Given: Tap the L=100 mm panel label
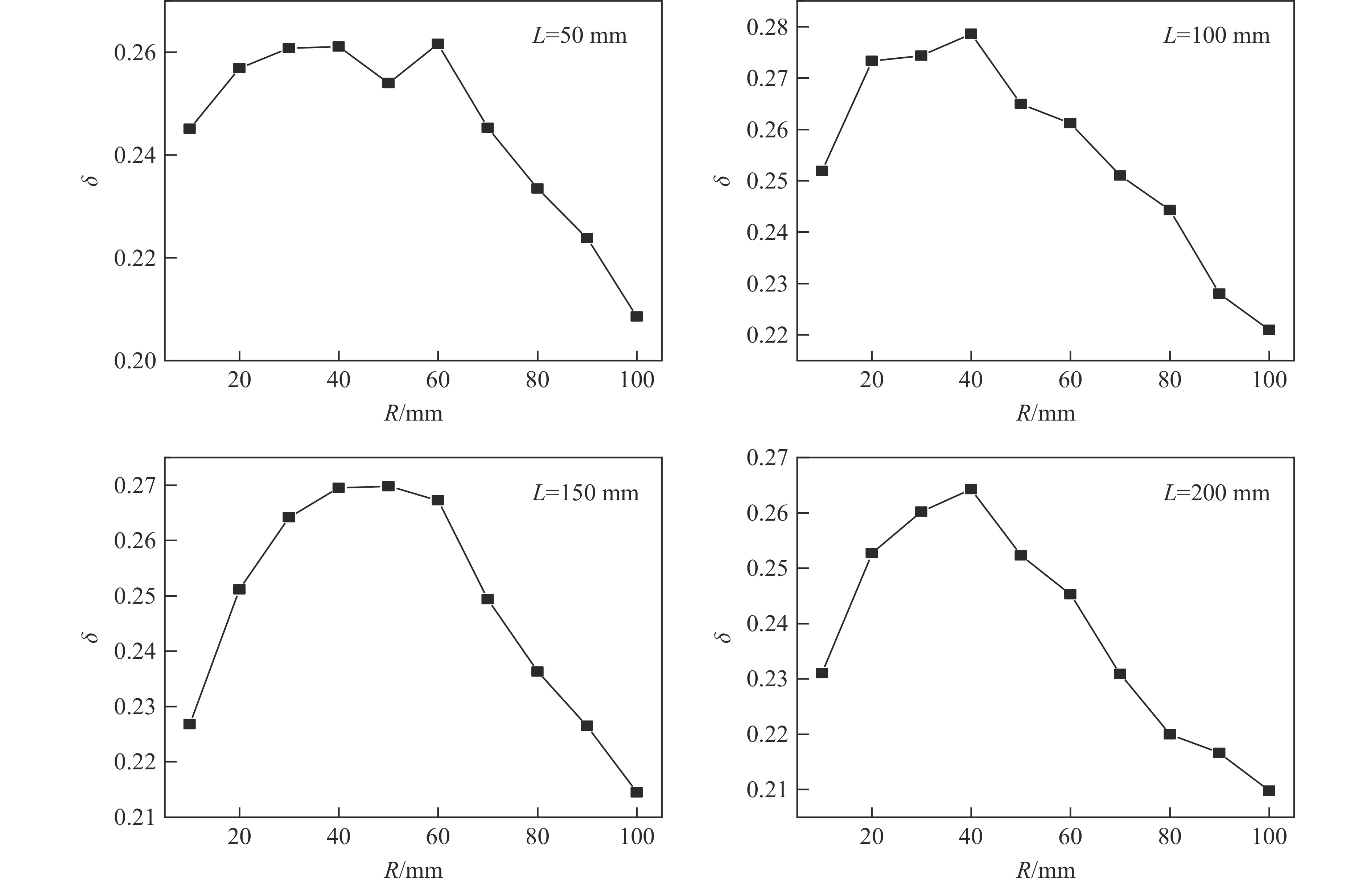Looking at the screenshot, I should point(1216,36).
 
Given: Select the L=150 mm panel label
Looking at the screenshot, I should point(585,493).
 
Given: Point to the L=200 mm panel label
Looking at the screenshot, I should point(1216,493).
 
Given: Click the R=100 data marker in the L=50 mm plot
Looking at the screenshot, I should point(636,316).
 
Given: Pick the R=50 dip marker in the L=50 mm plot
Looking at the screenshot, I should point(388,83).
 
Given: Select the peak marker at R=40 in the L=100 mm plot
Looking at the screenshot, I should point(971,34).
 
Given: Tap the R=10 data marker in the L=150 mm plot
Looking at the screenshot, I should point(190,724).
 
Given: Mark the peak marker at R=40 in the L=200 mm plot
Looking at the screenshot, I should point(971,489).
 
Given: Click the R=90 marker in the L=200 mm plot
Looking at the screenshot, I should point(1219,753).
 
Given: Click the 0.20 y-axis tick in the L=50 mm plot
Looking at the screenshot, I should point(135,361).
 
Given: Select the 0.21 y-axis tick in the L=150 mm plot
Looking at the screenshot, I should point(135,817).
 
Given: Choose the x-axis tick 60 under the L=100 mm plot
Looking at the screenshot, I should point(1070,380).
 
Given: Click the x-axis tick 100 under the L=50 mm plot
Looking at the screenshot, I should point(636,380).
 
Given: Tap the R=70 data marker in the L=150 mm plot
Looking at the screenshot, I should point(487,599).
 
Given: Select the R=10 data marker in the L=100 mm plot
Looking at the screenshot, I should point(822,171).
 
